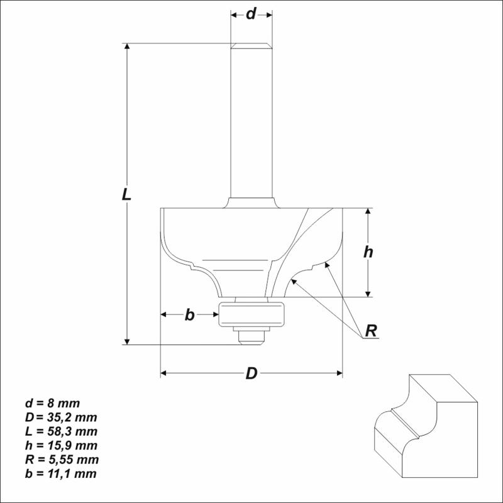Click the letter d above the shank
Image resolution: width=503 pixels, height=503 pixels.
[x=251, y=14]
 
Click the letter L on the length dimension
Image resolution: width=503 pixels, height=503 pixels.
[x=127, y=195]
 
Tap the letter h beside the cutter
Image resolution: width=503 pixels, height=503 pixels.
[x=369, y=252]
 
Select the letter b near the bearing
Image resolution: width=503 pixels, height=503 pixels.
[x=189, y=315]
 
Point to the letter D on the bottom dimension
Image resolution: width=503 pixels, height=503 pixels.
[x=251, y=373]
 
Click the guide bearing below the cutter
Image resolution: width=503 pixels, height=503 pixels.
[x=251, y=312]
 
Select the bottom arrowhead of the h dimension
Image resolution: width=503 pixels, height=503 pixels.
[x=369, y=292]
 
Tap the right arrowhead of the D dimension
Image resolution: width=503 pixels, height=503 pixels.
[x=339, y=373]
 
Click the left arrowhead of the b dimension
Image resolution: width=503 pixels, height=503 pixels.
[x=165, y=315]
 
